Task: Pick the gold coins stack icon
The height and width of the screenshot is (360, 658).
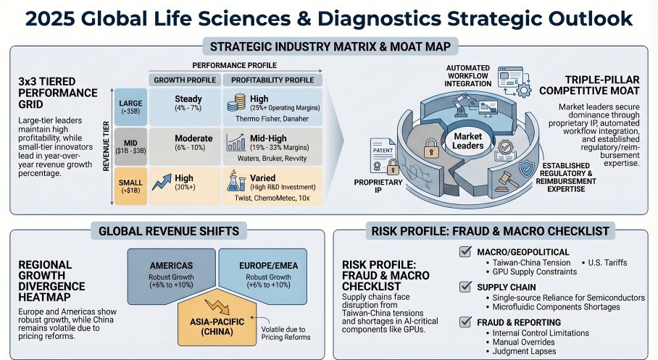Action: click(x=236, y=102)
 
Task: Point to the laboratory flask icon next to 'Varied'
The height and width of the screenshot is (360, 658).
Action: click(x=236, y=181)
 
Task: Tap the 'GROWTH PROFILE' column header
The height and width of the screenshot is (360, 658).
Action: click(x=183, y=80)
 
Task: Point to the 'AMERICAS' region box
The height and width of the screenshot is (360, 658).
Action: click(x=171, y=275)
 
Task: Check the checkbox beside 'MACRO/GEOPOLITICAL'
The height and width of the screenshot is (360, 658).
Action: click(x=465, y=252)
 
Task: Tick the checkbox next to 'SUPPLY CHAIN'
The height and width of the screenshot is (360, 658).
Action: click(x=465, y=287)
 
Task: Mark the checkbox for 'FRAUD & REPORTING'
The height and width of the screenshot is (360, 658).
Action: click(x=465, y=322)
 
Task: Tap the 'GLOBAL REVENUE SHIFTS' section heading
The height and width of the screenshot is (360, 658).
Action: click(x=170, y=231)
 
